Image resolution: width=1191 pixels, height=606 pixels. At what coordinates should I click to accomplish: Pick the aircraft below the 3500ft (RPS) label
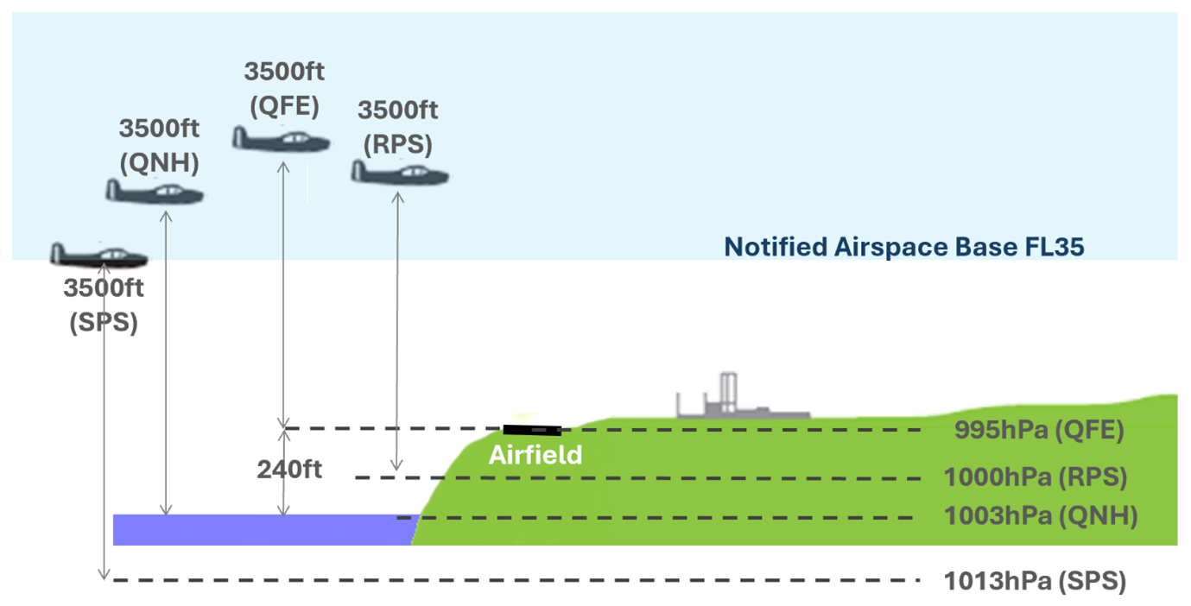tap(400, 171)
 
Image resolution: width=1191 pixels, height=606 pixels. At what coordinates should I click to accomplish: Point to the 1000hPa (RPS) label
tap(1036, 477)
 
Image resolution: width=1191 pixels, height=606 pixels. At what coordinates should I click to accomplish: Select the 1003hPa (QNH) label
tap(1040, 517)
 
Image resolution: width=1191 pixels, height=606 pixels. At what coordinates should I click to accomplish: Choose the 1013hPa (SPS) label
tap(1035, 581)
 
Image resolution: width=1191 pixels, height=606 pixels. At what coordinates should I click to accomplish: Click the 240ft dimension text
tap(289, 470)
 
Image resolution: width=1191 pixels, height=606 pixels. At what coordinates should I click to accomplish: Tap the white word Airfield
tap(535, 455)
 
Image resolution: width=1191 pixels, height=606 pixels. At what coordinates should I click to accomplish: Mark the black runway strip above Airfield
tap(532, 429)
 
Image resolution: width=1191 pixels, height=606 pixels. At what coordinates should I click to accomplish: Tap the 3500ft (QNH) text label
tap(160, 144)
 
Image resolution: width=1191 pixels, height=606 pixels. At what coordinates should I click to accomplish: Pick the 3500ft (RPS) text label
tap(397, 126)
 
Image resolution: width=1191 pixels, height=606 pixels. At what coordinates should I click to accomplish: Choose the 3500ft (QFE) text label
tap(284, 88)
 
